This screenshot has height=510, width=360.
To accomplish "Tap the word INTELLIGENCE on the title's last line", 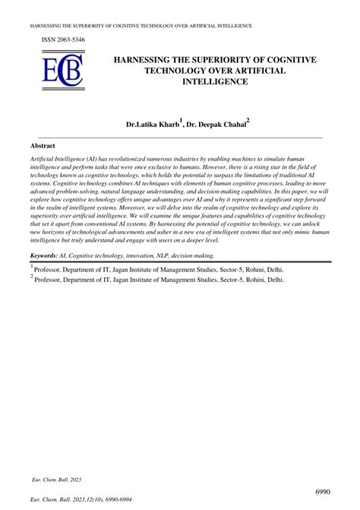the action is [216, 81].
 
